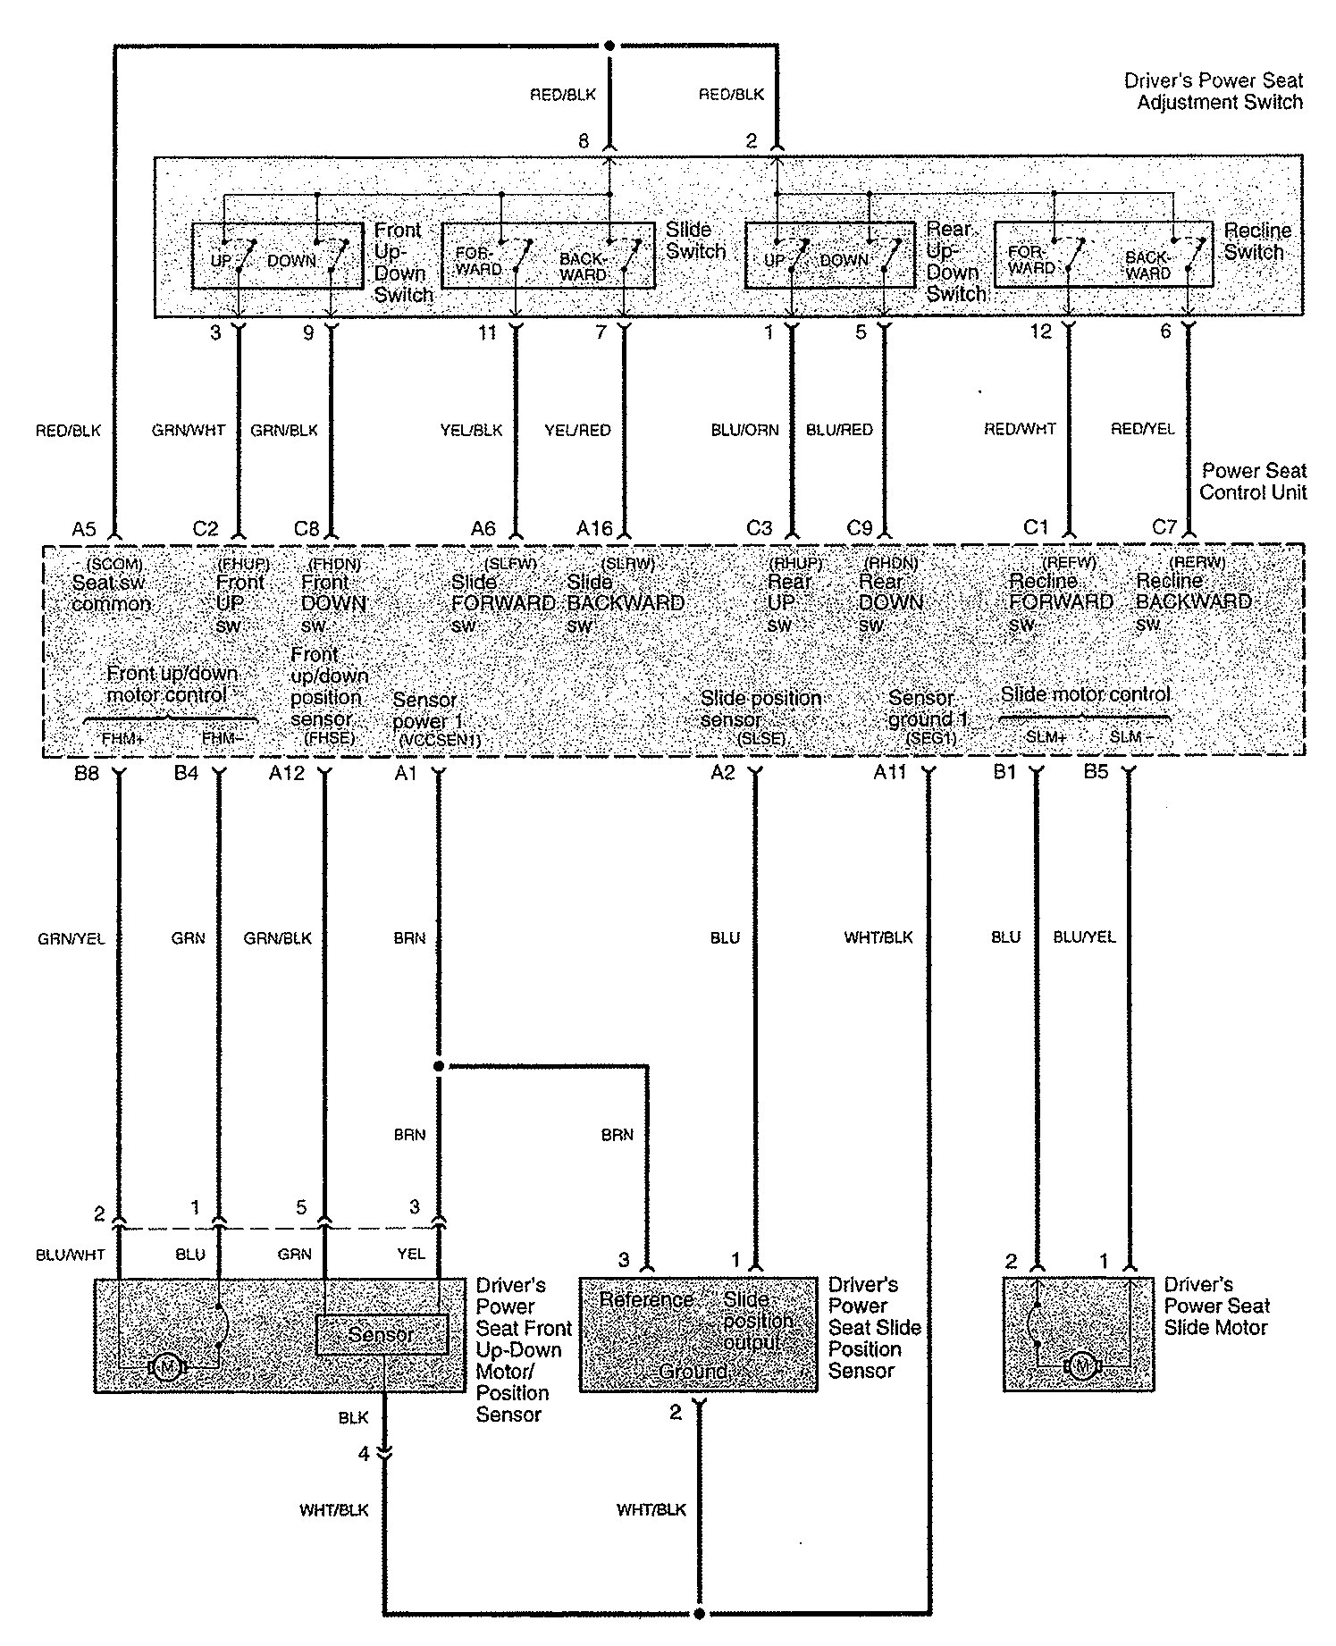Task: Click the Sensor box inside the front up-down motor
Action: pos(382,1334)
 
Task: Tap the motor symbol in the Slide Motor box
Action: pos(1082,1365)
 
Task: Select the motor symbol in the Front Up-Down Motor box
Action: pos(166,1366)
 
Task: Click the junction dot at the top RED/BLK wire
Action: pos(609,45)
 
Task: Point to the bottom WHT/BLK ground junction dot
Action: pos(699,1614)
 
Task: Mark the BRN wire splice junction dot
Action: pos(438,1066)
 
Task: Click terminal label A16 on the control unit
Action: pos(594,529)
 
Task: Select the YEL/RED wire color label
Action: pos(577,431)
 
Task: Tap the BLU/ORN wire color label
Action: pos(744,431)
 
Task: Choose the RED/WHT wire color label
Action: pos(1020,430)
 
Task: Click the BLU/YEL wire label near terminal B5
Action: pos(1084,937)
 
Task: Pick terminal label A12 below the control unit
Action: pos(287,773)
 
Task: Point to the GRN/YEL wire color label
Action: pos(71,938)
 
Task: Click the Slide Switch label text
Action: pos(695,241)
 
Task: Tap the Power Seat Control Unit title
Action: pos(1252,482)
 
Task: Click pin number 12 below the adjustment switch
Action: pos(1040,332)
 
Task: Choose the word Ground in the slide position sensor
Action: pos(693,1371)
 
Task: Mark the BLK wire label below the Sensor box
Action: pos(353,1418)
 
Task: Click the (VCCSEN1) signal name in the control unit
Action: pos(440,740)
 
